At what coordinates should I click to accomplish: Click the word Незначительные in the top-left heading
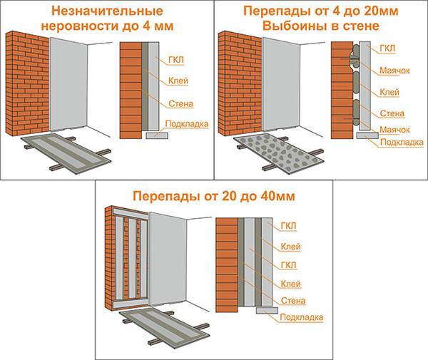point(107,11)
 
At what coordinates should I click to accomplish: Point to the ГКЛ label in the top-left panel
point(176,60)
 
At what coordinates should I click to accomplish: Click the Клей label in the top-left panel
point(178,81)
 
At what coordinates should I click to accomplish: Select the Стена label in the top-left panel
point(180,103)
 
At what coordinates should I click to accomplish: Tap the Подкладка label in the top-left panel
point(187,124)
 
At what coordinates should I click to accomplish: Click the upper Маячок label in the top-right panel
point(394,71)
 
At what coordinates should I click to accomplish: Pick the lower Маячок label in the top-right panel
point(394,130)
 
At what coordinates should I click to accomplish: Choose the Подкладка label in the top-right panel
point(402,142)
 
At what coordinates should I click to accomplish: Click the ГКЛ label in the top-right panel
point(387,48)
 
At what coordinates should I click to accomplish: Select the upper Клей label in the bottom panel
point(291,247)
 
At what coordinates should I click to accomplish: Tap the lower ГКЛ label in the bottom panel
point(288,265)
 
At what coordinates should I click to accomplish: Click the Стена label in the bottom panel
point(293,301)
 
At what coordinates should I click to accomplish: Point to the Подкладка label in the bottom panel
point(302,317)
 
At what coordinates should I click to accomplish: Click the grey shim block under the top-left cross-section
point(157,135)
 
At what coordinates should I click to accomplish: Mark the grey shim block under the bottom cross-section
point(267,310)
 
